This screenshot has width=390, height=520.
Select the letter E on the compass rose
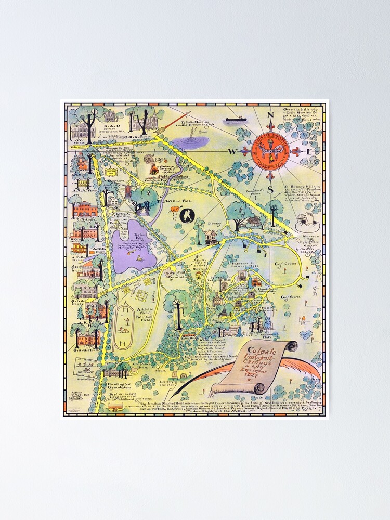click(309, 152)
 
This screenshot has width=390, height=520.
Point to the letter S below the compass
click(270, 189)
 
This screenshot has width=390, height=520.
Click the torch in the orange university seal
click(270, 152)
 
